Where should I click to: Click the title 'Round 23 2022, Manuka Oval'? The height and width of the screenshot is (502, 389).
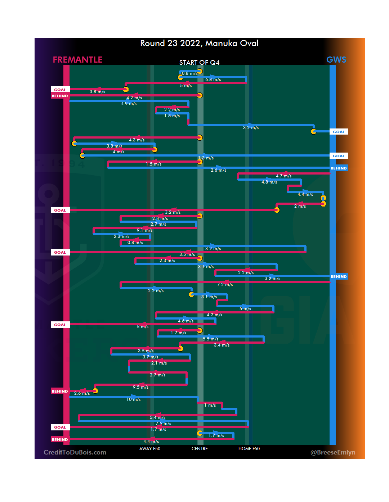coord(199,44)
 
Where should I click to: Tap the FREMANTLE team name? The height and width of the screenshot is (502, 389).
coord(77,60)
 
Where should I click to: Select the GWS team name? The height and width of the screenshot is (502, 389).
coord(336,60)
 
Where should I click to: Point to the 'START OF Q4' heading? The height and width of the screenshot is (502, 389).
coord(199,63)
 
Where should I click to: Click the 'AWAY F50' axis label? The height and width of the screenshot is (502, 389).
coord(150,449)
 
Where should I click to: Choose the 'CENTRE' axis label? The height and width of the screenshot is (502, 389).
coord(200,449)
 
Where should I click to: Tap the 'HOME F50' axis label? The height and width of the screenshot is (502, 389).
coord(249,449)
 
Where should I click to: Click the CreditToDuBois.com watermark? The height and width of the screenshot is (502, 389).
coord(75,452)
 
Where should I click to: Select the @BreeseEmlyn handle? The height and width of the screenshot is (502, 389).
coord(333,452)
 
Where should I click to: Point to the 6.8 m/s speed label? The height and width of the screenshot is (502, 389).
coord(213,80)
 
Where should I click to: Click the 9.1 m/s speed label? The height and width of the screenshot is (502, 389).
coord(144,230)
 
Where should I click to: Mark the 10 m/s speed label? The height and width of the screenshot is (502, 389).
coord(133,399)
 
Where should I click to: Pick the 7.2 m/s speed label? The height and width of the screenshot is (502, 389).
coord(225,285)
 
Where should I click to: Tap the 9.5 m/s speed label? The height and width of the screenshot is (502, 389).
coord(140,387)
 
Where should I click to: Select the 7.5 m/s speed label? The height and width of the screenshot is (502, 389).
coord(163,424)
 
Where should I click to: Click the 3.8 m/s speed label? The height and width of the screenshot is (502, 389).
coord(97,92)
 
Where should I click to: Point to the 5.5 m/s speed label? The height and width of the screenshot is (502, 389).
coord(210,339)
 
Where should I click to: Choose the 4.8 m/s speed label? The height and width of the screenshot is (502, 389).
coord(269,182)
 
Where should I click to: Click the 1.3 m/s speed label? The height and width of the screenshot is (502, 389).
coord(206,158)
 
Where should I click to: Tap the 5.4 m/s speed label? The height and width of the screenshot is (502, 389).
coord(157,417)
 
